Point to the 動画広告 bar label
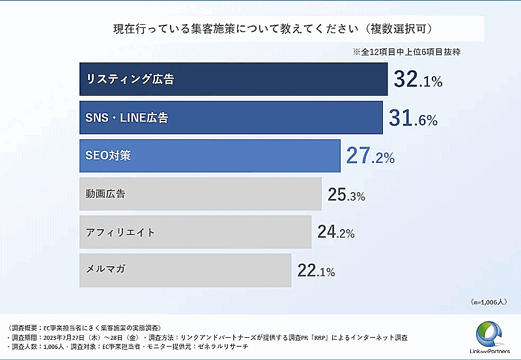pos(106,194)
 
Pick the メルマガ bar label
pos(106,270)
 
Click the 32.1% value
pos(418,80)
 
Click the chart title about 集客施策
pos(274,29)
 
